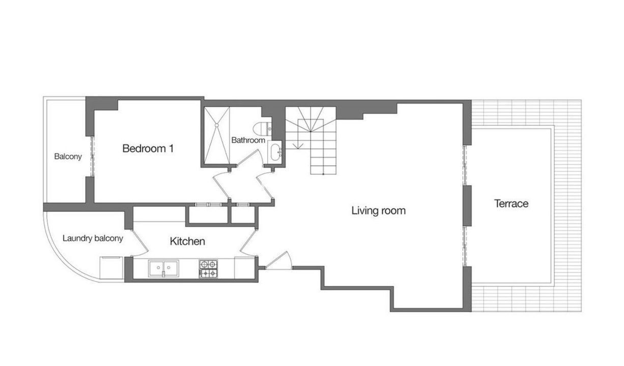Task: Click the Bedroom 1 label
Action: [x=148, y=148]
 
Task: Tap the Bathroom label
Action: [x=248, y=140]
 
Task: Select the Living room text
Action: [x=378, y=210]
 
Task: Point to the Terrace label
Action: [x=511, y=203]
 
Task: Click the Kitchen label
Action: [x=187, y=241]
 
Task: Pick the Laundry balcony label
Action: [x=93, y=238]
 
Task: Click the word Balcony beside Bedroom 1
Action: [x=68, y=157]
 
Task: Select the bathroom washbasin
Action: [x=275, y=152]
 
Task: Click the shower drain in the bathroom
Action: [x=217, y=125]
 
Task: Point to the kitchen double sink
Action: [x=163, y=268]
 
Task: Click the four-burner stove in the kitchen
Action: [x=208, y=269]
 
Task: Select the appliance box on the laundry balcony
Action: [x=111, y=268]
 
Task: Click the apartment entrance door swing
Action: [x=278, y=260]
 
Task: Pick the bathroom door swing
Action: [x=250, y=158]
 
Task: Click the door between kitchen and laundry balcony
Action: [x=139, y=242]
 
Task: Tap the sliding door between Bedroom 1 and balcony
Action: [x=92, y=157]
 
